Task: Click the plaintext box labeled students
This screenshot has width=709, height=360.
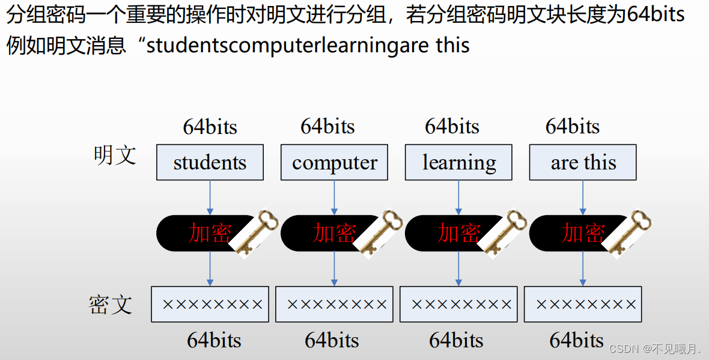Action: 210,162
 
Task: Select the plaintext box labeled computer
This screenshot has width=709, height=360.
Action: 334,162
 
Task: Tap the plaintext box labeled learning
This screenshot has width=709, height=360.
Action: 459,162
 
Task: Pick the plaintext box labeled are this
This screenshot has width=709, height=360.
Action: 583,162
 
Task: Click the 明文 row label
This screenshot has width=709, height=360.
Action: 115,156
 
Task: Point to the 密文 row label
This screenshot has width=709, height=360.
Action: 111,305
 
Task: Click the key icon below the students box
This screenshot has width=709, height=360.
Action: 256,233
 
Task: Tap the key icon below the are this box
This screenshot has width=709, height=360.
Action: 628,233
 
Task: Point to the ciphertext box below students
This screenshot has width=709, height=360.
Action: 210,304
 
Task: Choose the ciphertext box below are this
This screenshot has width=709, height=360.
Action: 583,304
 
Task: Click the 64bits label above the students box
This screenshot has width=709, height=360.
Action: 210,127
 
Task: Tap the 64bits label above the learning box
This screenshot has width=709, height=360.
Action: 452,126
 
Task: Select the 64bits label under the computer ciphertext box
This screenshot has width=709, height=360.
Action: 332,341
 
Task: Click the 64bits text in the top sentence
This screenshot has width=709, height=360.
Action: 656,14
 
